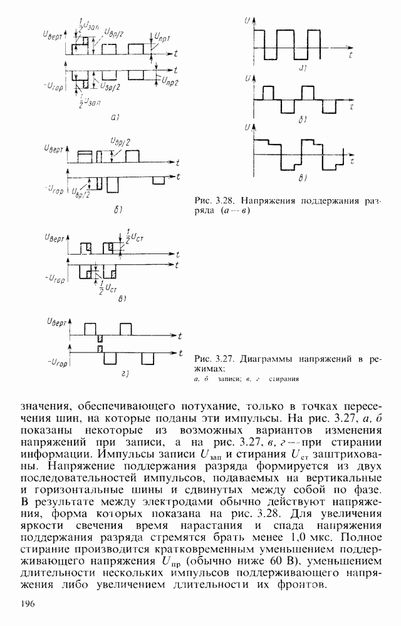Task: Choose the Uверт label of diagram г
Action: click(54, 321)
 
